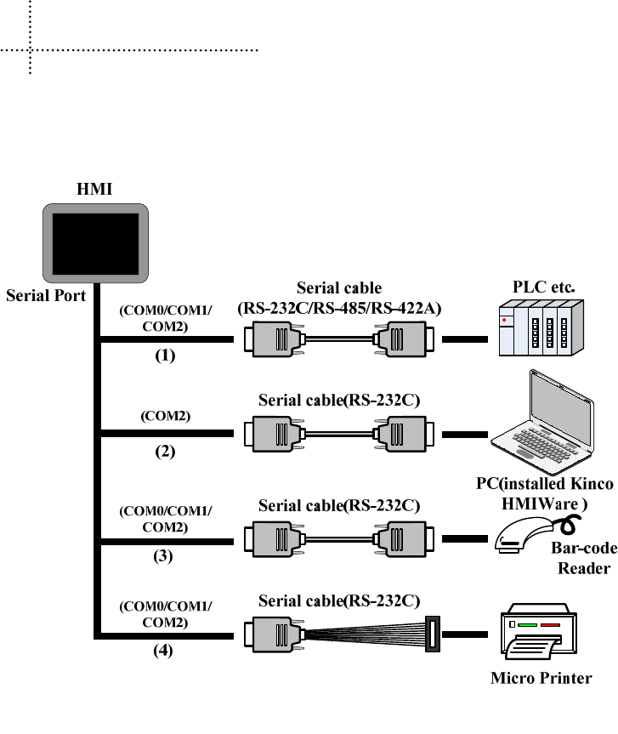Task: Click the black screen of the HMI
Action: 95,244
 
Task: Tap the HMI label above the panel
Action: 94,189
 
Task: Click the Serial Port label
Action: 46,296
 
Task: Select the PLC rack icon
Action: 541,327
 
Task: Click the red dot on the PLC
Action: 504,320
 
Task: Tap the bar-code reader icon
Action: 537,534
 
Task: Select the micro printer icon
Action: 538,631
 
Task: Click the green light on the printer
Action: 527,625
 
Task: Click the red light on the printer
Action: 550,625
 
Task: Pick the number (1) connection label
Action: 165,356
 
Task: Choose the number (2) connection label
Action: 165,452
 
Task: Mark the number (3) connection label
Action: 163,556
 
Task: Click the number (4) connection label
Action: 163,651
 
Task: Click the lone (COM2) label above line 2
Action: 166,416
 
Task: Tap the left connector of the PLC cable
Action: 275,339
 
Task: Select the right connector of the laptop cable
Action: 404,434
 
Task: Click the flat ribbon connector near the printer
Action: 433,634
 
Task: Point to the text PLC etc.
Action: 543,287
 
